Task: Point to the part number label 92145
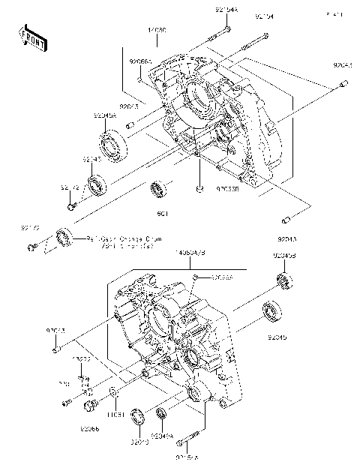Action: pos(92,159)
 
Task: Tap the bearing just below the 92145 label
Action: pos(97,184)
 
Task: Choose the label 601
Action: pos(161,213)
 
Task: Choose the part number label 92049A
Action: pos(162,434)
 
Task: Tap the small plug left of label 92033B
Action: pos(198,189)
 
